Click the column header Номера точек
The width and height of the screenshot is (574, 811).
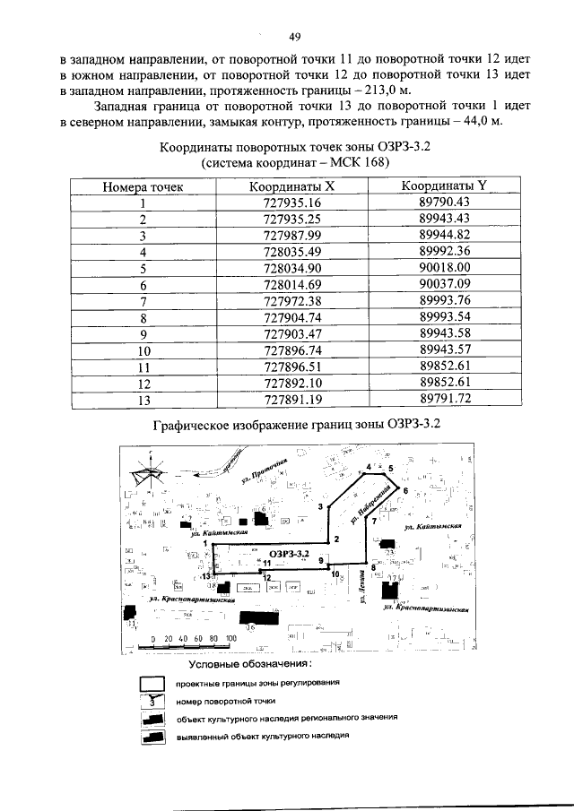pos(143,186)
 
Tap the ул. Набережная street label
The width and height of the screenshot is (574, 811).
pos(379,504)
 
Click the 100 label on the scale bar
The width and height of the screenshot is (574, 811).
pos(230,638)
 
